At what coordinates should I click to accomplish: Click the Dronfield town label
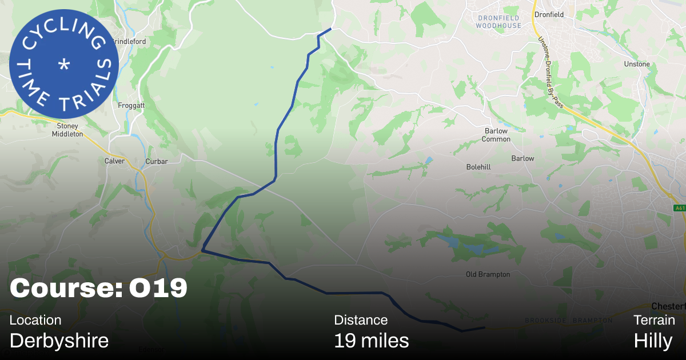(x=549, y=15)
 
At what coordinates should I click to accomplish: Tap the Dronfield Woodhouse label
(x=499, y=22)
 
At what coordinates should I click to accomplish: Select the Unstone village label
(x=637, y=64)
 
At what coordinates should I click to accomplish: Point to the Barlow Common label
(x=495, y=135)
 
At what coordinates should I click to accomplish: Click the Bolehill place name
(x=478, y=167)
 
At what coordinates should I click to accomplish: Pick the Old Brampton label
(x=488, y=274)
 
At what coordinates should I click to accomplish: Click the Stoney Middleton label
(x=67, y=130)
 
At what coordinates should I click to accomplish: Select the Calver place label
(x=114, y=161)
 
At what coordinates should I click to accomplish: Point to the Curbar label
(x=157, y=161)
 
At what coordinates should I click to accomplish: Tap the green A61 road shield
(x=679, y=207)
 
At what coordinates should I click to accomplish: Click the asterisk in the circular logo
(x=64, y=64)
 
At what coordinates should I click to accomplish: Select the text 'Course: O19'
(x=98, y=289)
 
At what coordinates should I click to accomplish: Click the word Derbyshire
(x=59, y=341)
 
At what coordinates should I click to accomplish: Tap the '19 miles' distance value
(x=371, y=341)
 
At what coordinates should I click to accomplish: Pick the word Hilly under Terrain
(x=653, y=341)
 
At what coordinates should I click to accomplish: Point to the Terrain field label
(x=654, y=320)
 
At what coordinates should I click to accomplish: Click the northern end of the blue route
(x=330, y=29)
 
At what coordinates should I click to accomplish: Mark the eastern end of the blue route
(x=484, y=327)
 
